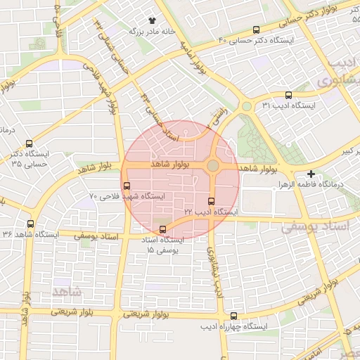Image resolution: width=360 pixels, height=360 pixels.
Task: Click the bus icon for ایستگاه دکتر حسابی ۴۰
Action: click(256, 30)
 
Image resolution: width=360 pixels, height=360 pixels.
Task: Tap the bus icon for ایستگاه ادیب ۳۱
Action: click(288, 96)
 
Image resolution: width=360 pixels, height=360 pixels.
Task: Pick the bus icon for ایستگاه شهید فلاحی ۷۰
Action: click(127, 186)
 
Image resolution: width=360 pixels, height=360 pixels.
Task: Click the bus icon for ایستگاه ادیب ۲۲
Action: click(212, 202)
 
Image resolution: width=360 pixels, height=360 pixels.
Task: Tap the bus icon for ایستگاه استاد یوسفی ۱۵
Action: click(164, 229)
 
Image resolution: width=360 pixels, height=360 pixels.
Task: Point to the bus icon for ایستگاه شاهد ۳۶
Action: click(30, 224)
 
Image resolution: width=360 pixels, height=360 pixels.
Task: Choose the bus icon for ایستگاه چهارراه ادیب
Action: click(234, 316)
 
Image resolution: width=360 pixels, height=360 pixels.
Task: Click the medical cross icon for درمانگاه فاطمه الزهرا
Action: click(311, 174)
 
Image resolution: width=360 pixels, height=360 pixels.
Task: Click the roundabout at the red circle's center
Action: click(213, 166)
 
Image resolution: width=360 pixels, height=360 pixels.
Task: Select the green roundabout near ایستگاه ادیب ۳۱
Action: click(247, 107)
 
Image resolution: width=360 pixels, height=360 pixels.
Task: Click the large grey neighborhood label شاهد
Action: click(67, 290)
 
